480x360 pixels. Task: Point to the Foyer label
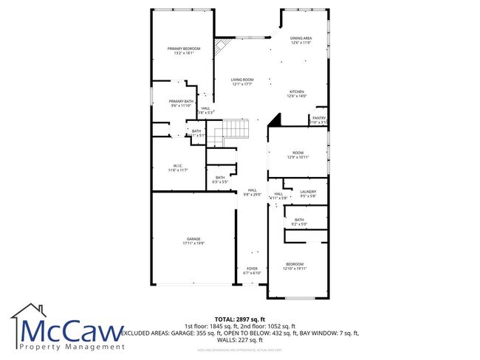tap(253, 270)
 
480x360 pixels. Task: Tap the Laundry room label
tap(308, 193)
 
